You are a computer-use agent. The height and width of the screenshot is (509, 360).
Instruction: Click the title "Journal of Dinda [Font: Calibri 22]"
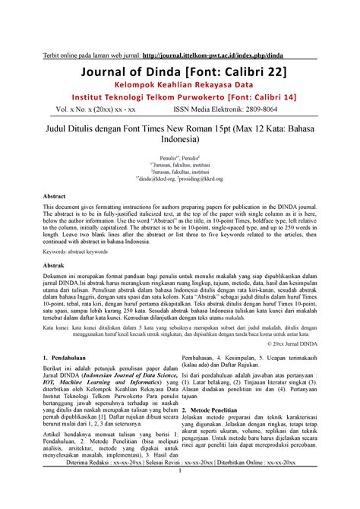point(180,71)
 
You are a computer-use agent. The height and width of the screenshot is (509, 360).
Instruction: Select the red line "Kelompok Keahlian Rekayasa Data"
point(180,86)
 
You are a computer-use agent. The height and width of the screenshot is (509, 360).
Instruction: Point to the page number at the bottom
point(180,494)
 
